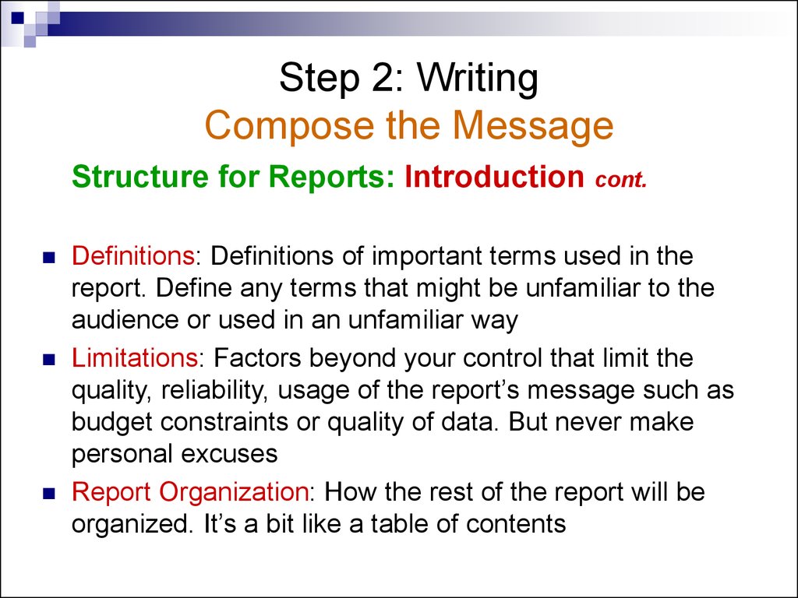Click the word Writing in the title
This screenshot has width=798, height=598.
point(478,78)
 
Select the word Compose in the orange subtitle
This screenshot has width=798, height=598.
point(290,126)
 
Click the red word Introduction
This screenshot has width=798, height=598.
point(494,176)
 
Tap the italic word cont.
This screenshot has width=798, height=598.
point(621,179)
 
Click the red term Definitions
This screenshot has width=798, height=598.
point(132,255)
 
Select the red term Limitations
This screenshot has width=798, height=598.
point(135,357)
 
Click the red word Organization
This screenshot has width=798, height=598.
point(234,492)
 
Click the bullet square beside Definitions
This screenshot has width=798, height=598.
point(49,257)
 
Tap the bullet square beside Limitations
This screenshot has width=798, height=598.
point(49,360)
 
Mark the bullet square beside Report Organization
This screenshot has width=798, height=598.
point(49,493)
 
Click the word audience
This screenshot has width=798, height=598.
point(125,320)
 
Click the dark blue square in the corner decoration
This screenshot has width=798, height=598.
point(18,17)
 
